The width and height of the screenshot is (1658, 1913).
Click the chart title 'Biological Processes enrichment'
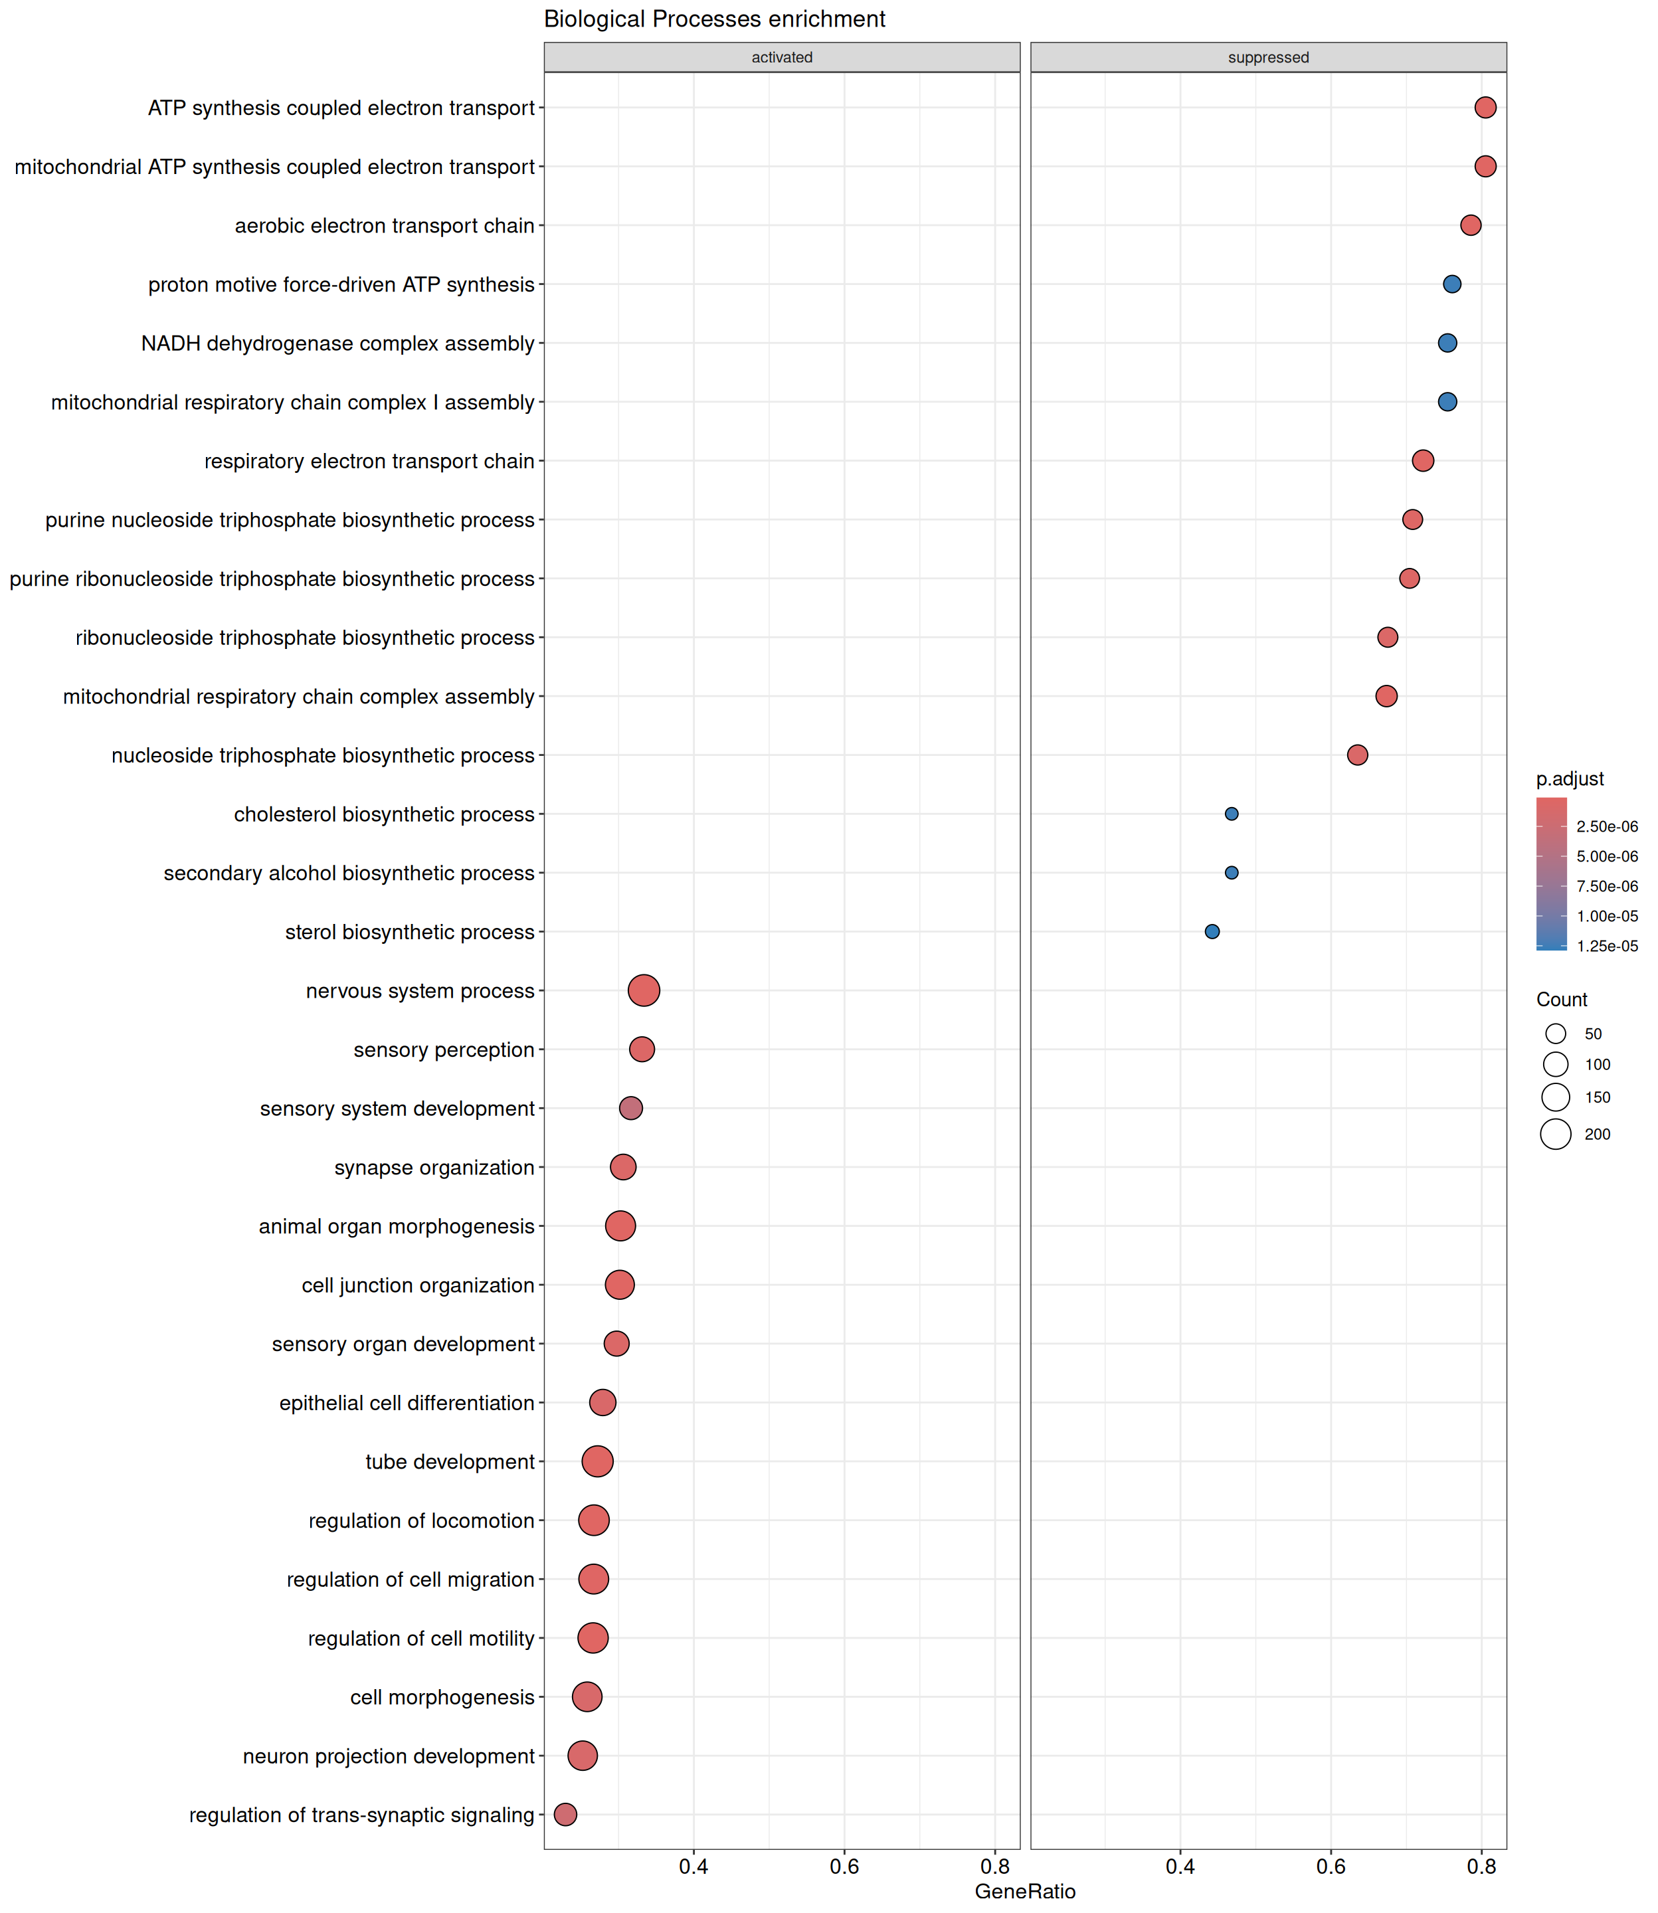pos(714,19)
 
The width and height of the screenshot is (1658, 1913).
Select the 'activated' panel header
pos(782,57)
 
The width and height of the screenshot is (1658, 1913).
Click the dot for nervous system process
pos(643,991)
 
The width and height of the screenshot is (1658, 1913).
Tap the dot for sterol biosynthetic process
pos(1212,931)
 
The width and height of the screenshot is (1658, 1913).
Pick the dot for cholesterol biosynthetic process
pos(1232,814)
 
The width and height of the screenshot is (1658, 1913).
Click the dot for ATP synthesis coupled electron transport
pos(1485,108)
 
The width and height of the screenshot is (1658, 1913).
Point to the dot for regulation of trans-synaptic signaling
pos(565,1814)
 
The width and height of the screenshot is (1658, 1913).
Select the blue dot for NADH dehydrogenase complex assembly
pos(1447,343)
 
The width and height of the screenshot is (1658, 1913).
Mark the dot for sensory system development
pos(631,1108)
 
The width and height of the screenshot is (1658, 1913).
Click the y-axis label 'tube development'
pos(450,1461)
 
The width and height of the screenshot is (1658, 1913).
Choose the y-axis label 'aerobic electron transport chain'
pos(384,226)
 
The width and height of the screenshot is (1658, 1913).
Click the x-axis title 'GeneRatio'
pos(1025,1891)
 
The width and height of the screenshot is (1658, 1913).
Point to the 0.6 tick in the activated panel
pos(844,1866)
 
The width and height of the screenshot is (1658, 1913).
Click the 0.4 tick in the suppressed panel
pos(1180,1866)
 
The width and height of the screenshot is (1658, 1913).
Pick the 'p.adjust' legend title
pos(1570,779)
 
